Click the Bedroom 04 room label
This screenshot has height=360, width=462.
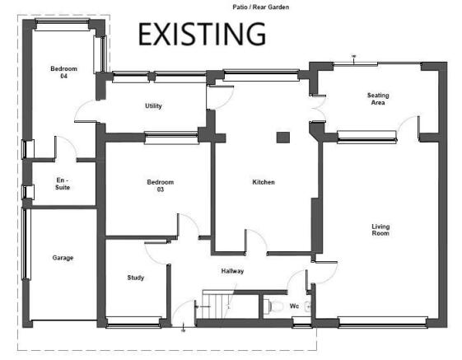pyautogui.click(x=63, y=72)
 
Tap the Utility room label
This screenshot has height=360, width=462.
pyautogui.click(x=153, y=105)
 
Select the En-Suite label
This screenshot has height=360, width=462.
pyautogui.click(x=63, y=184)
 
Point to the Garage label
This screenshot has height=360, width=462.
pyautogui.click(x=63, y=258)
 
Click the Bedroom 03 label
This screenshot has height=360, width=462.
pyautogui.click(x=161, y=185)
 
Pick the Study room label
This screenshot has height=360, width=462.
pyautogui.click(x=136, y=278)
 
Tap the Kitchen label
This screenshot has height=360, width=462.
pyautogui.click(x=264, y=182)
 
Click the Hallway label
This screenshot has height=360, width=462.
pyautogui.click(x=232, y=271)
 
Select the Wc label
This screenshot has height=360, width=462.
pyautogui.click(x=294, y=306)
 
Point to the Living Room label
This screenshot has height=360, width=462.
pyautogui.click(x=380, y=230)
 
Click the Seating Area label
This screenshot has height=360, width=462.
pyautogui.click(x=378, y=99)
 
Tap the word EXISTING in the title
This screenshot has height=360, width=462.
pyautogui.click(x=202, y=35)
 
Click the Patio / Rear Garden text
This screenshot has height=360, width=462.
pyautogui.click(x=261, y=7)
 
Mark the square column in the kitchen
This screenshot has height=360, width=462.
pyautogui.click(x=283, y=138)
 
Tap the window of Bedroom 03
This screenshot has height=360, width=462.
pyautogui.click(x=171, y=138)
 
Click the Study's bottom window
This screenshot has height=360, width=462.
pyautogui.click(x=133, y=323)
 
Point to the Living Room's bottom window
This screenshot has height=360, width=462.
pyautogui.click(x=383, y=322)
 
